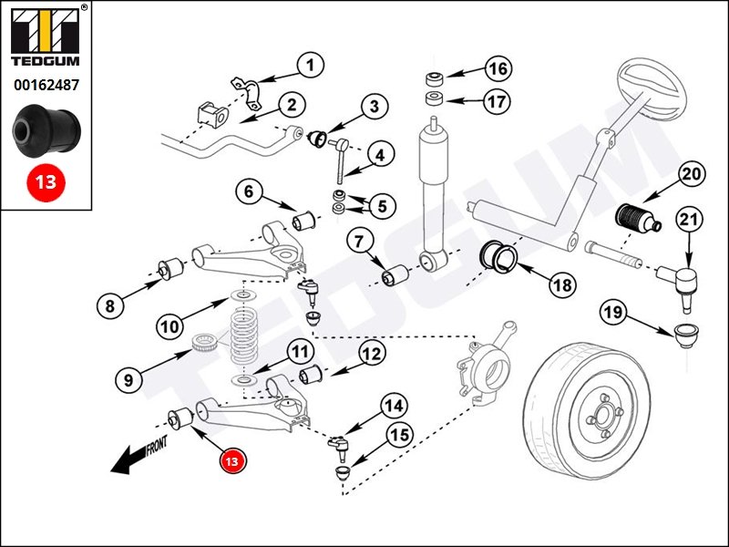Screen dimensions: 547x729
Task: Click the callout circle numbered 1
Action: pos(310,65)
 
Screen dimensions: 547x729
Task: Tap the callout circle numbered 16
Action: pos(497,68)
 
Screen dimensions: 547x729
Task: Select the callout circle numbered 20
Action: pos(692,173)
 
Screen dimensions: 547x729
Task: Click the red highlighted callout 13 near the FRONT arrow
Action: pos(232,461)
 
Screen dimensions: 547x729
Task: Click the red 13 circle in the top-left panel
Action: pos(45,181)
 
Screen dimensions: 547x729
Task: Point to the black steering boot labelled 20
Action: pos(631,222)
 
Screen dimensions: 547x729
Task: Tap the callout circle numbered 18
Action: pos(562,285)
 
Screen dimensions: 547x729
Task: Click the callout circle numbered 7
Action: pos(359,242)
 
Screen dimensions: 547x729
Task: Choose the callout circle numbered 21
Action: pos(689,220)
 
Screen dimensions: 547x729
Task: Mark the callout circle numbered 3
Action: pos(373,107)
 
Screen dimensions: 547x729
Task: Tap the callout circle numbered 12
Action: pos(371,353)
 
